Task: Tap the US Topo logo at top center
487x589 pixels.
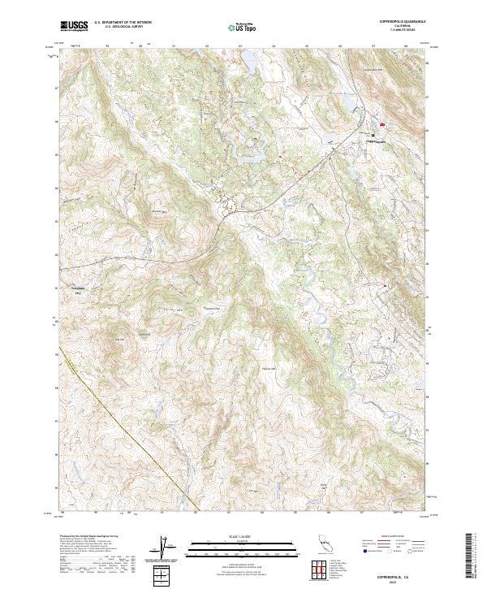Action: coord(243,27)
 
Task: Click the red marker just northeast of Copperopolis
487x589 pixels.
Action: coord(382,125)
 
